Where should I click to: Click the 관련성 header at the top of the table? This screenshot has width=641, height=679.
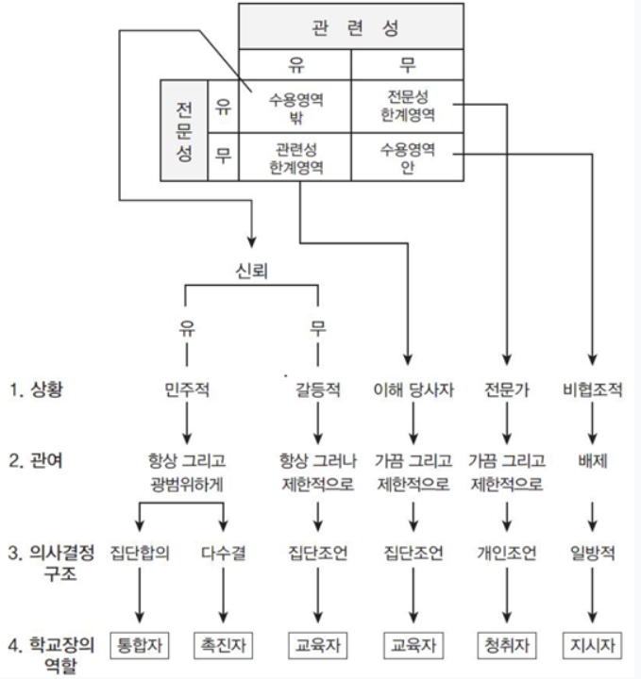tap(350, 25)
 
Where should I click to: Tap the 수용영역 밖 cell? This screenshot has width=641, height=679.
tap(295, 106)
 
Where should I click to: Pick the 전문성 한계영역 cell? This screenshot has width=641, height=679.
tap(407, 106)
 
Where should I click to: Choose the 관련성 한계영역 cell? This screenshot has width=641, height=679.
tap(295, 158)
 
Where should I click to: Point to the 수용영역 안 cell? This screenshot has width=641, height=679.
tap(407, 158)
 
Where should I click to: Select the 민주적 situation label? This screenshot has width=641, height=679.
tap(185, 388)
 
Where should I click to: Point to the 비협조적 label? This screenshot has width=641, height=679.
tap(592, 388)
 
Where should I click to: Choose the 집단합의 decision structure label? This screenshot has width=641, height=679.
tap(140, 553)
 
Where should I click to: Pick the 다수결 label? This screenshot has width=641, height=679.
tap(223, 553)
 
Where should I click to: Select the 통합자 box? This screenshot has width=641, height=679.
tap(140, 647)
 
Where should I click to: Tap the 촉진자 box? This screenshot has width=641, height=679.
tap(223, 647)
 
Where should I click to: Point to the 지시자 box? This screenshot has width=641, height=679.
tap(592, 647)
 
